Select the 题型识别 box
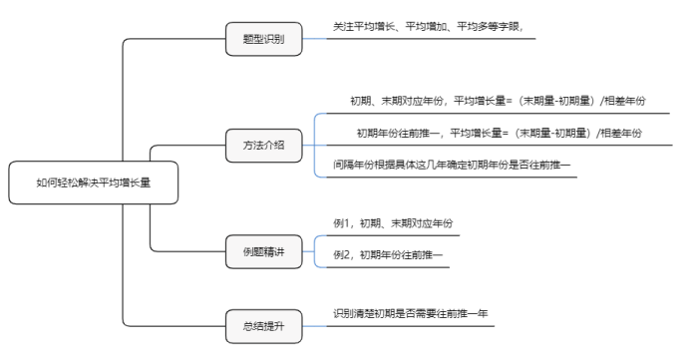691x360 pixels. click(x=263, y=39)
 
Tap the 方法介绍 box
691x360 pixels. click(x=263, y=145)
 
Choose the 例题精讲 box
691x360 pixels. click(x=263, y=251)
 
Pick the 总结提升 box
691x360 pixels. click(x=263, y=324)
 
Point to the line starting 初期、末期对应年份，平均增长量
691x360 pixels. click(x=498, y=101)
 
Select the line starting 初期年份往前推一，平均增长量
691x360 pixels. click(x=499, y=133)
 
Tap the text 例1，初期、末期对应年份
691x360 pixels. click(x=399, y=222)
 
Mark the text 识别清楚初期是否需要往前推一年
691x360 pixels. click(x=411, y=313)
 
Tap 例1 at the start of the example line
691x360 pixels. click(x=342, y=222)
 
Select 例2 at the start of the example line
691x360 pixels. click(x=342, y=255)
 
